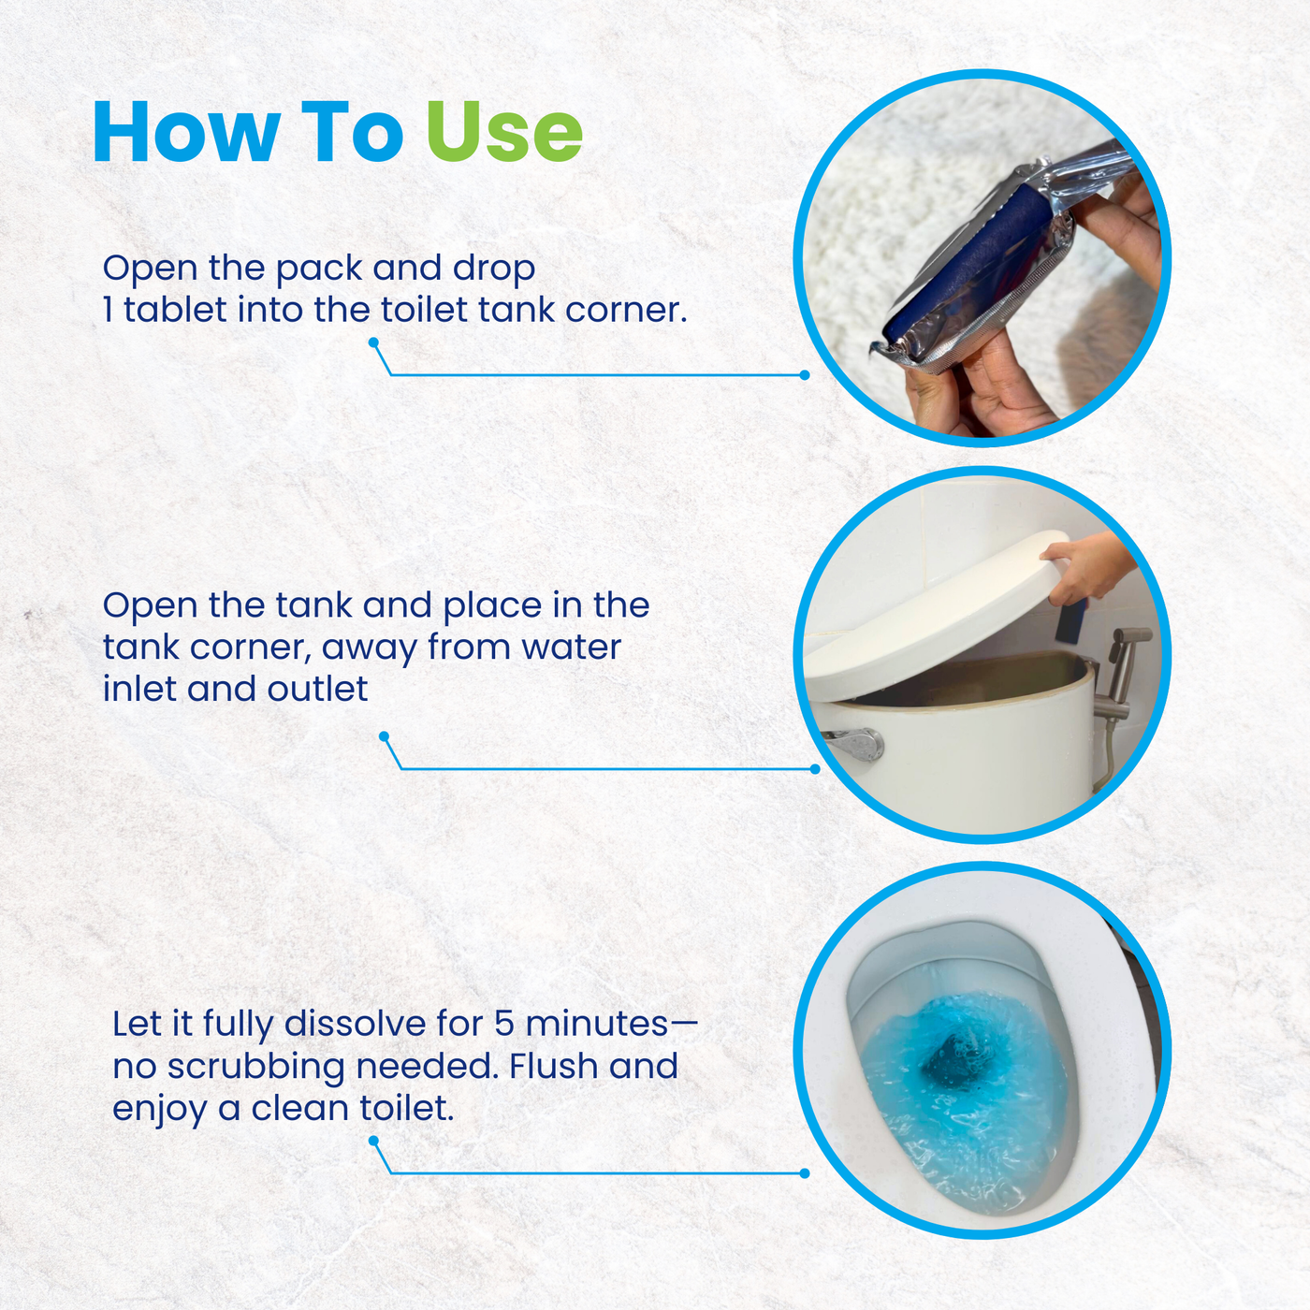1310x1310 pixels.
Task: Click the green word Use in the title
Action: (x=504, y=131)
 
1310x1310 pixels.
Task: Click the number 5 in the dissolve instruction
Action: (x=503, y=1024)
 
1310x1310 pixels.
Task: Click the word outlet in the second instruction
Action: (x=317, y=689)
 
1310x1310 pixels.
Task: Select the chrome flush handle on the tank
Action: (x=854, y=744)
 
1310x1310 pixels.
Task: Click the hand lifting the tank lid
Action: (x=1087, y=565)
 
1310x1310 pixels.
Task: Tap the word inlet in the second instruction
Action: (x=139, y=689)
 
